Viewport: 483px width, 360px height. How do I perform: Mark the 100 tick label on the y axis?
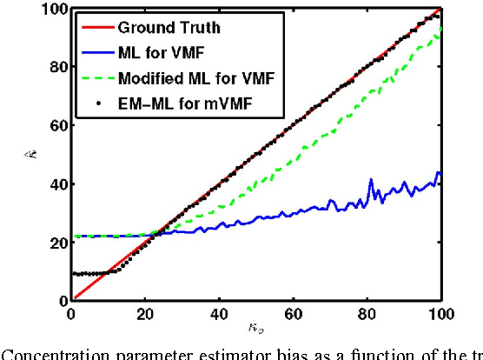(x=54, y=10)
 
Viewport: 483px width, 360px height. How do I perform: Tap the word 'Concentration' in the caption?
(x=57, y=352)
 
